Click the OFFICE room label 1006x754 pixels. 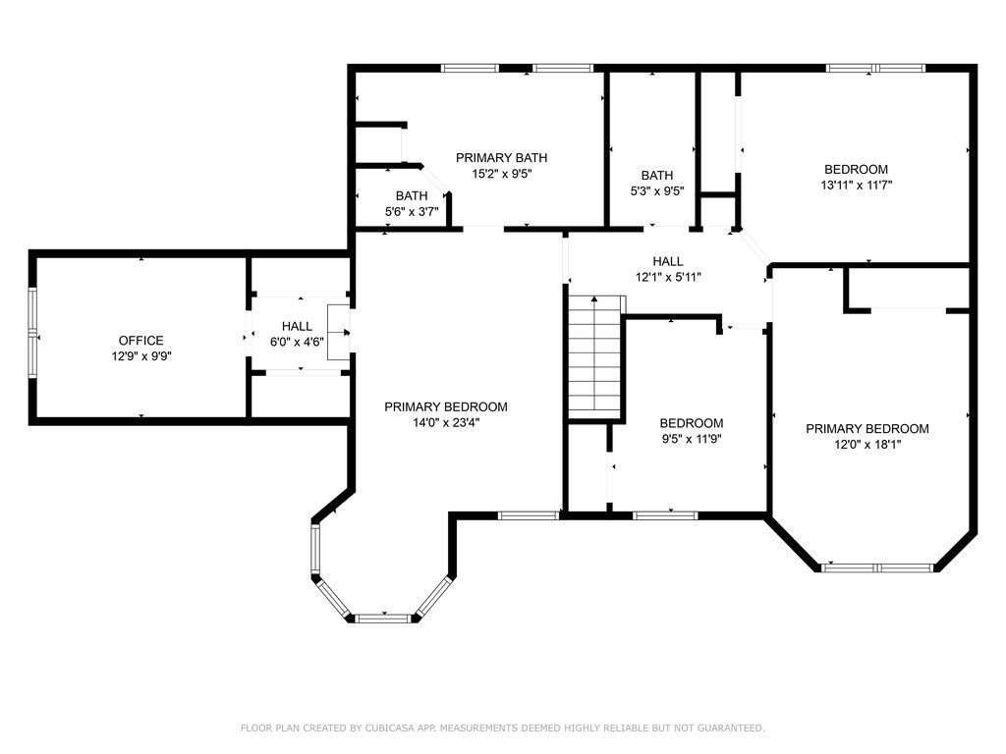click(x=141, y=341)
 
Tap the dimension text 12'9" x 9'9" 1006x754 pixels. click(x=141, y=356)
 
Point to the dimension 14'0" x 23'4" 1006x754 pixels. click(x=446, y=422)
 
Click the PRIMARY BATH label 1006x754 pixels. click(x=502, y=158)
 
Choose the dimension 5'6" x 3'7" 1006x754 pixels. click(x=412, y=211)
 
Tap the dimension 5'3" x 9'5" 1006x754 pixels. click(x=657, y=190)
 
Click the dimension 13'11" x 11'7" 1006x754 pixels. click(x=857, y=186)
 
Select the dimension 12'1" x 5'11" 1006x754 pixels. click(x=668, y=277)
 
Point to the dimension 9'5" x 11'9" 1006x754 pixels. click(x=692, y=439)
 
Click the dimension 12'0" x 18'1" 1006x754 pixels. click(x=867, y=445)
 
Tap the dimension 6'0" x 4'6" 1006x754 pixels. click(x=297, y=343)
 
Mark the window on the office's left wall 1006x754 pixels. click(x=32, y=334)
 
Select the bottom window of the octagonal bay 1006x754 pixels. click(x=382, y=619)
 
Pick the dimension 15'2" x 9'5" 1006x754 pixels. click(x=502, y=174)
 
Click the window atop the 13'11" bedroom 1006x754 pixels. click(x=875, y=68)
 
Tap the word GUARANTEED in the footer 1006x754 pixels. click(x=730, y=727)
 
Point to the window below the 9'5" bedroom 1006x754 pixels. click(x=665, y=514)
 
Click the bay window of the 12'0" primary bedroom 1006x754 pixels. click(x=877, y=568)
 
